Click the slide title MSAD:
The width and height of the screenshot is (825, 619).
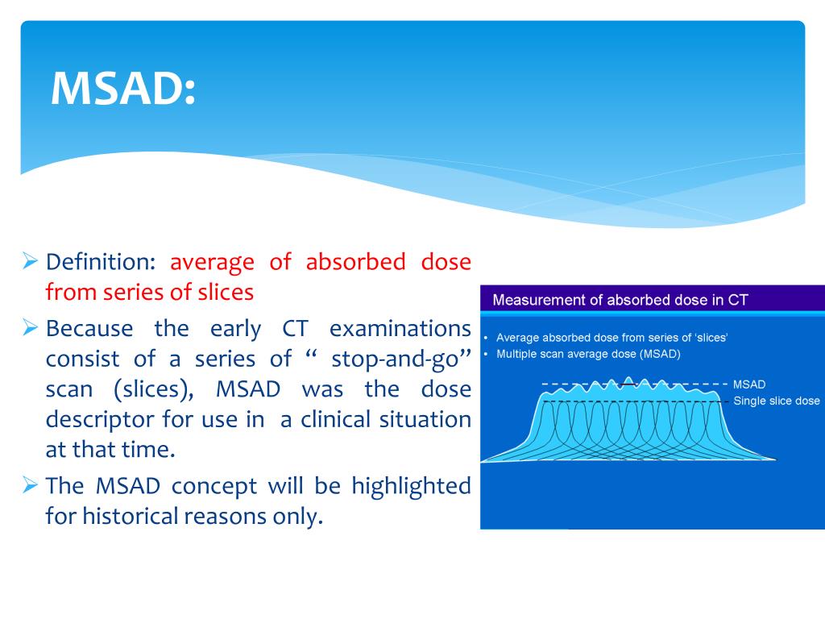coord(123,89)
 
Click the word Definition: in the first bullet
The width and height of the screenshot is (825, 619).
coord(101,262)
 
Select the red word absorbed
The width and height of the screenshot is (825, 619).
coord(355,262)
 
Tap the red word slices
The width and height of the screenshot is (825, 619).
coord(226,292)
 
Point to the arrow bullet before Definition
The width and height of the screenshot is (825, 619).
coord(30,260)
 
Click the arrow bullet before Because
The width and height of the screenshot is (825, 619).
coord(30,327)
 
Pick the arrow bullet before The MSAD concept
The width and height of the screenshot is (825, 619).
coord(30,484)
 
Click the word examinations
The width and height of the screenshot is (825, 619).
coord(400,329)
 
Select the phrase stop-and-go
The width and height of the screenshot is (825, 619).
coord(395,359)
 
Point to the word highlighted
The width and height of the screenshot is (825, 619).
coord(411,486)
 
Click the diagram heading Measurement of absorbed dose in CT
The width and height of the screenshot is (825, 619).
coord(620,300)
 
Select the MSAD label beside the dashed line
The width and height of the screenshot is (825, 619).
coord(748,384)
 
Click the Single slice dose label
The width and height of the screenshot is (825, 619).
coord(776,401)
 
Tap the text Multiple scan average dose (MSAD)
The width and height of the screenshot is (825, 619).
coord(588,355)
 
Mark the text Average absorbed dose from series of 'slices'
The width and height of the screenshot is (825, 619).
coord(612,338)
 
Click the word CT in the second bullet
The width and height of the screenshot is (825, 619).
coord(295,329)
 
